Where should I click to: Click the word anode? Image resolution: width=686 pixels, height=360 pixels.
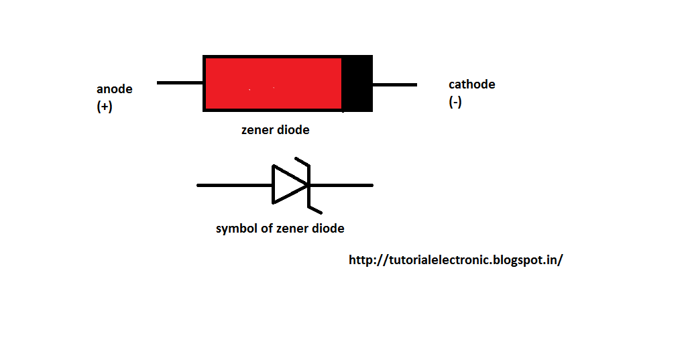tap(115, 89)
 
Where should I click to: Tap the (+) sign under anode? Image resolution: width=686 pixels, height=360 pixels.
tap(105, 107)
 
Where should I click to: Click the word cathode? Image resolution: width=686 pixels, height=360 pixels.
tap(471, 84)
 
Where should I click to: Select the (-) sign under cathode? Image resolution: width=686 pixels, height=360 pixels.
tap(455, 103)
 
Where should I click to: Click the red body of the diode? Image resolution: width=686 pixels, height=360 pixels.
tap(273, 84)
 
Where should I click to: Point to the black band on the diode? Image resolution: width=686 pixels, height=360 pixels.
tap(357, 84)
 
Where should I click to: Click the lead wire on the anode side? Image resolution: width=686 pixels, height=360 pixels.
tap(180, 83)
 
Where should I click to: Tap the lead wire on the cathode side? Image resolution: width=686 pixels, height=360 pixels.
tap(394, 85)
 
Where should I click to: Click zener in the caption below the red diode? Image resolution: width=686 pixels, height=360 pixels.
tap(258, 130)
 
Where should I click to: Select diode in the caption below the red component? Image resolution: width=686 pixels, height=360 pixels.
tap(293, 130)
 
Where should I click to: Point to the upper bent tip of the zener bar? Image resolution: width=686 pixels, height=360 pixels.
tap(301, 163)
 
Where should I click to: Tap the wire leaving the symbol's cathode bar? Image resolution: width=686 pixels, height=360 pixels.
tap(342, 185)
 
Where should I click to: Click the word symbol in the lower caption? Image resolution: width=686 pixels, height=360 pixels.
tap(235, 229)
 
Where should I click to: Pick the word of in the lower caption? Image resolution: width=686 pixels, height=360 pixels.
tap(265, 229)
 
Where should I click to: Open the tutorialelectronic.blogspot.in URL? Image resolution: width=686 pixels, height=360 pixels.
tap(455, 260)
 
